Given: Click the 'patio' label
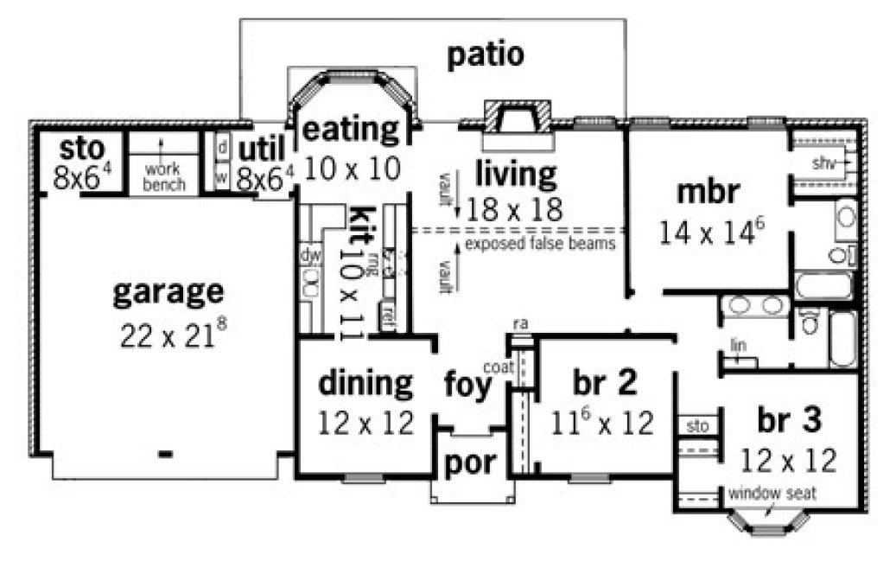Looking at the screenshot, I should [486, 55].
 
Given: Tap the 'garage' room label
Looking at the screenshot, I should [168, 292].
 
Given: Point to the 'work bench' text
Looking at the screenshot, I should [163, 177].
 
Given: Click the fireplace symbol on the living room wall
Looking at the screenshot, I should [515, 117].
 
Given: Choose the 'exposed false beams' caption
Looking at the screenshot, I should [539, 245].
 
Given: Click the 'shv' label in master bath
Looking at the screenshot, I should [822, 163].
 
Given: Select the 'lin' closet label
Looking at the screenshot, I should [737, 346].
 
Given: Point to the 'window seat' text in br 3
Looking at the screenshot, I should [772, 494].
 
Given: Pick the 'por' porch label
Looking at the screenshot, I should [470, 462].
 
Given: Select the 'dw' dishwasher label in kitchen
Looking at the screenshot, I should [308, 256].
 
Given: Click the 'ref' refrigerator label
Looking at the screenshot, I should [389, 312].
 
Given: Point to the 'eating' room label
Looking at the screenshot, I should [350, 130].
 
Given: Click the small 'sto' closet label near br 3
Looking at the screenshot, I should [696, 426].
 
